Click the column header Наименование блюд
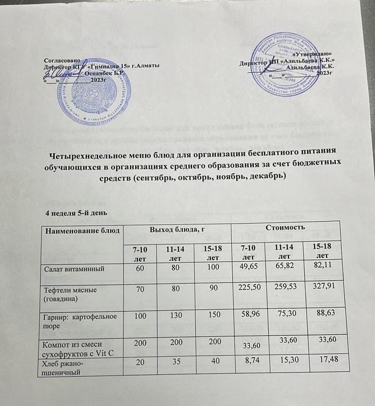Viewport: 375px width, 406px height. (83, 230)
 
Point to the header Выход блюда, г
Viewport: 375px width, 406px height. (177, 229)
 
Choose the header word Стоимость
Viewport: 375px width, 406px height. (285, 227)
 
